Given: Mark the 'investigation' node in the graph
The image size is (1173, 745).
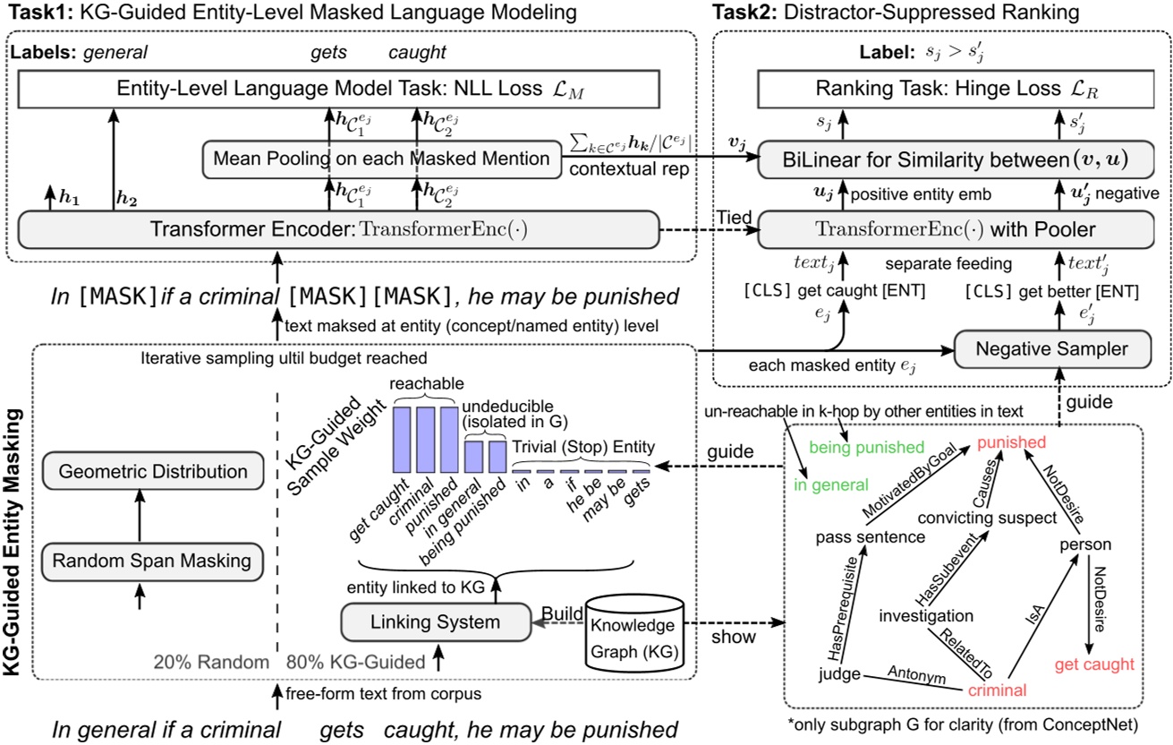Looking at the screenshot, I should click(x=926, y=615).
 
